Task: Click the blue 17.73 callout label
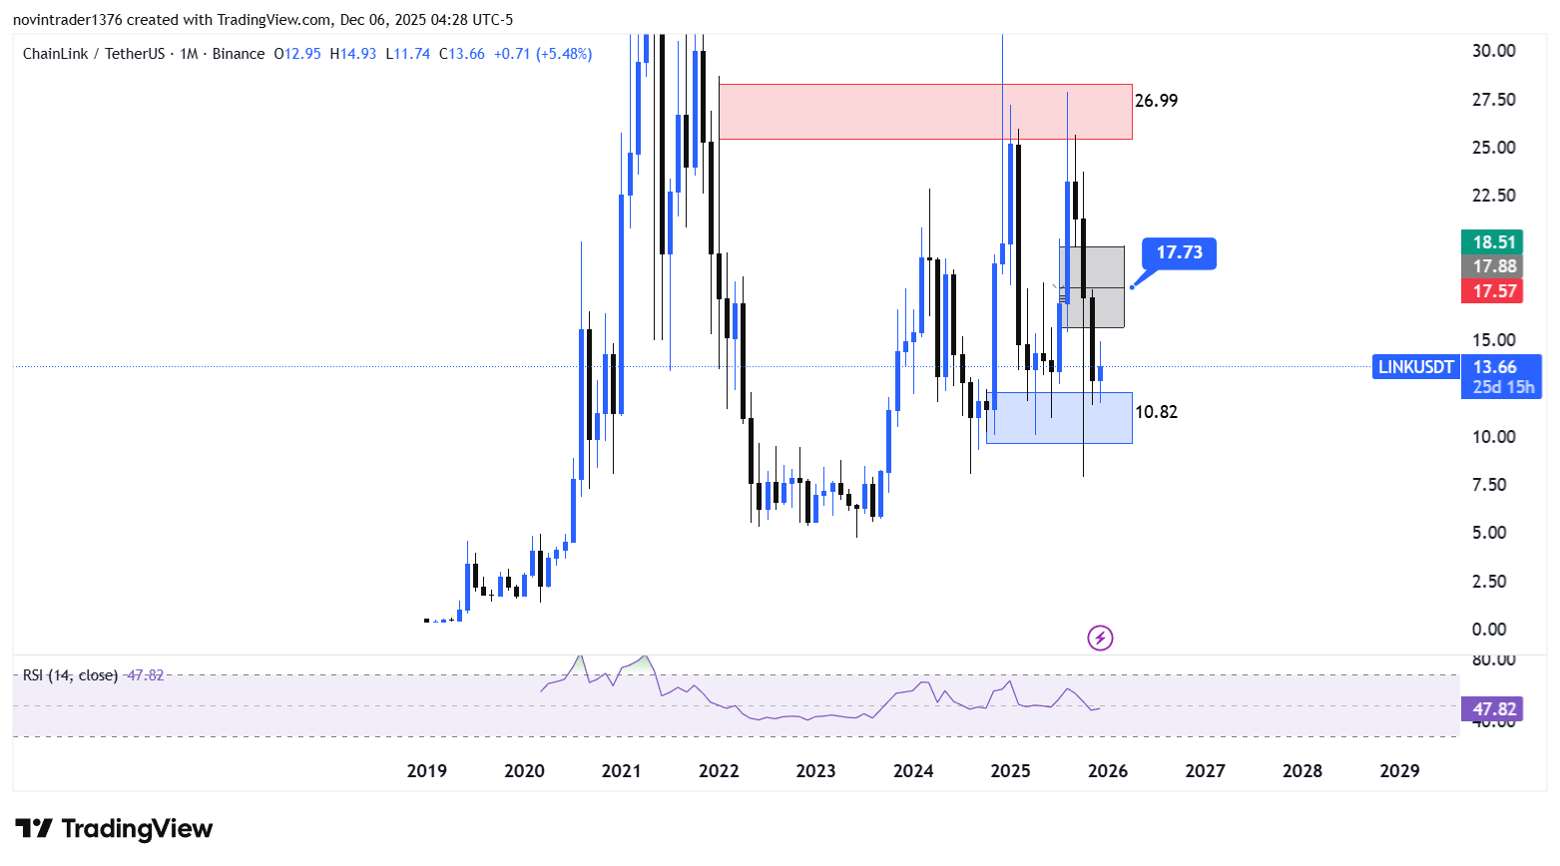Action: coord(1179,252)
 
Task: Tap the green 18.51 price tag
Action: coord(1494,242)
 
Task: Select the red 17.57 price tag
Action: coord(1494,291)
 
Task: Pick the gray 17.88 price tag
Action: coord(1494,266)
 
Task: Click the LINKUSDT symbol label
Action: coord(1415,367)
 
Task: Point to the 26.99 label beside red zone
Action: coord(1156,101)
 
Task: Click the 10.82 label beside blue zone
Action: coord(1156,412)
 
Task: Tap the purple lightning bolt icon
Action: coord(1100,638)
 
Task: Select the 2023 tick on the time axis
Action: coord(815,771)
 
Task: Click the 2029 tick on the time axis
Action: coord(1399,771)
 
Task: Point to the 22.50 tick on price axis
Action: coord(1493,196)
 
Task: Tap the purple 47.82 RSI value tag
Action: coord(1493,709)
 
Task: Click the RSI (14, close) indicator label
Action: coord(70,675)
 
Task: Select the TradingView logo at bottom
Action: coord(114,829)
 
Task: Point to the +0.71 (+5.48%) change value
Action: coord(543,54)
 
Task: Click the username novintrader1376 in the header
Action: coord(67,20)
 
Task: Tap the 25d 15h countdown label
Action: coord(1503,387)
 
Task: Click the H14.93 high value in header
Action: coord(353,54)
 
